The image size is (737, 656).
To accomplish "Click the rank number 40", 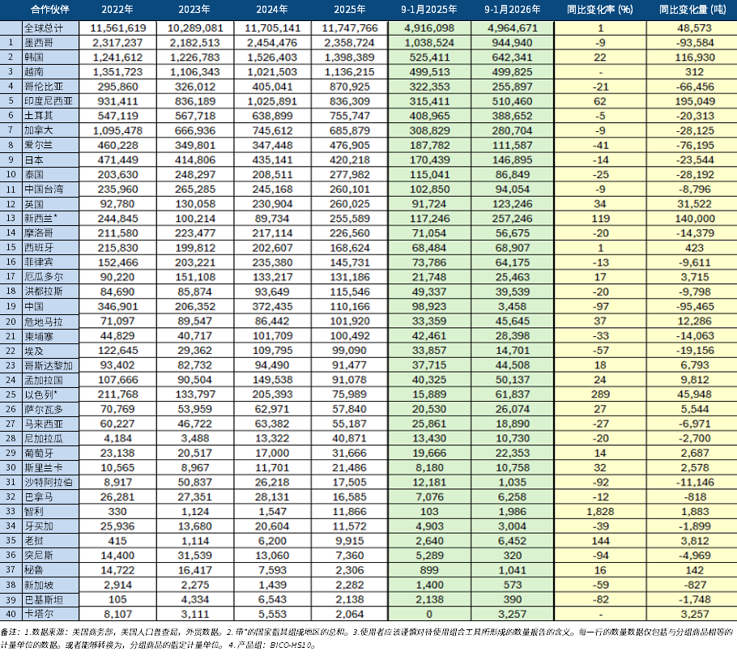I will [10, 615].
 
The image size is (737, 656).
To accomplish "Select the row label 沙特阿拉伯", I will [50, 483].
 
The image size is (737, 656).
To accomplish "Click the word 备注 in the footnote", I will [9, 631].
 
